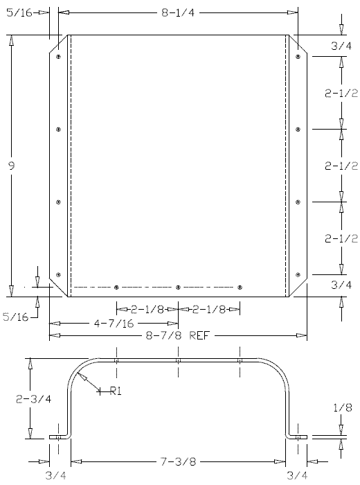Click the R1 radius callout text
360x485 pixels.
point(116,391)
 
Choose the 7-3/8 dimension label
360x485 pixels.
point(177,461)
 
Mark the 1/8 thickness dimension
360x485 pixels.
point(341,409)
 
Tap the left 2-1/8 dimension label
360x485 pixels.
point(147,310)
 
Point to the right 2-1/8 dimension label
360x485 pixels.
point(208,310)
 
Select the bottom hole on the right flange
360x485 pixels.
point(298,275)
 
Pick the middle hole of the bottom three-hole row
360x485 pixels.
point(179,287)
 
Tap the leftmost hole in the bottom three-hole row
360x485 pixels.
point(117,287)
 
